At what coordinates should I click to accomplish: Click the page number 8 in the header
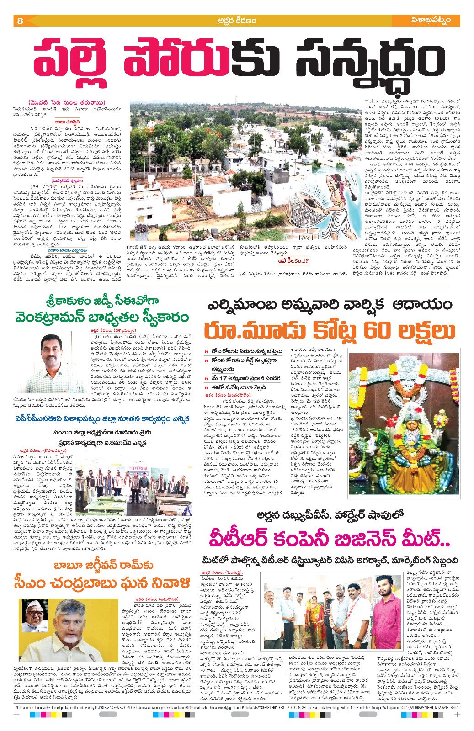pos(20,21)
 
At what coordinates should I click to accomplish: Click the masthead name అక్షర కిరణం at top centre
pos(237,21)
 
